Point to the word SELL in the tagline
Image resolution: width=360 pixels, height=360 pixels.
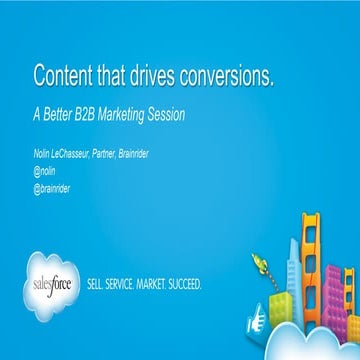click(101, 283)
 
